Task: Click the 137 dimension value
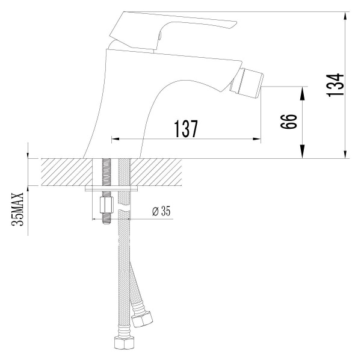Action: pyautogui.click(x=186, y=129)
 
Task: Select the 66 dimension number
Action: pyautogui.click(x=289, y=123)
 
